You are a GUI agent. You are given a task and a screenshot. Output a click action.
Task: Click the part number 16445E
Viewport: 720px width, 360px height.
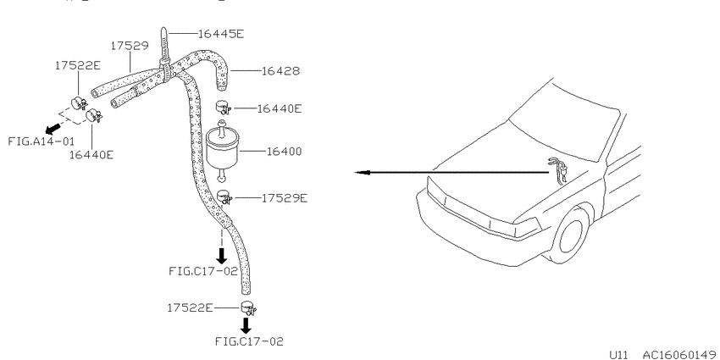click(x=221, y=33)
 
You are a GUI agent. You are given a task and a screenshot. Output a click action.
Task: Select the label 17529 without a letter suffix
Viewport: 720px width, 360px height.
click(x=130, y=46)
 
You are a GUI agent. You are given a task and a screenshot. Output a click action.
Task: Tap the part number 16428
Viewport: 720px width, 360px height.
click(x=280, y=71)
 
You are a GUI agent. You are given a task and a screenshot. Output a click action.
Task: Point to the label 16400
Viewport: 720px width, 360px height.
click(x=285, y=151)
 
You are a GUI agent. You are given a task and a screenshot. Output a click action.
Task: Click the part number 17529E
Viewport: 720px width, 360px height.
click(x=285, y=198)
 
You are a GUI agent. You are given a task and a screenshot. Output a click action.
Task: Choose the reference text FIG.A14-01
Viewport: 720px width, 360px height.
click(x=41, y=141)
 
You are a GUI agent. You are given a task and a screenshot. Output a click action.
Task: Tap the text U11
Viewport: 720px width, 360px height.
click(x=618, y=354)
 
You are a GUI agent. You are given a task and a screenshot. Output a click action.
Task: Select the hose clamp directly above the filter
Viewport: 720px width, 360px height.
click(x=223, y=108)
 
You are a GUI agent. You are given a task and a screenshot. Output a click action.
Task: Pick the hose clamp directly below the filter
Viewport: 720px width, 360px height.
click(x=224, y=197)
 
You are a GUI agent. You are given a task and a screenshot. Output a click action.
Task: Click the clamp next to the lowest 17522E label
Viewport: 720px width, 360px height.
click(x=248, y=307)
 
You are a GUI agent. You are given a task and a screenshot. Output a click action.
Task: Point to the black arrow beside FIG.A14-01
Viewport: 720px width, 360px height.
click(x=53, y=127)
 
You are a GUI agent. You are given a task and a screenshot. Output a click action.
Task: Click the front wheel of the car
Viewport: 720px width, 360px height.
click(x=571, y=236)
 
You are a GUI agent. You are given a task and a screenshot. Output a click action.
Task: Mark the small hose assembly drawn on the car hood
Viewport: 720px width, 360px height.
click(x=557, y=170)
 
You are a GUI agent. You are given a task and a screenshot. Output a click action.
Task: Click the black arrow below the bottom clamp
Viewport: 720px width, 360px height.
click(x=246, y=325)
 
